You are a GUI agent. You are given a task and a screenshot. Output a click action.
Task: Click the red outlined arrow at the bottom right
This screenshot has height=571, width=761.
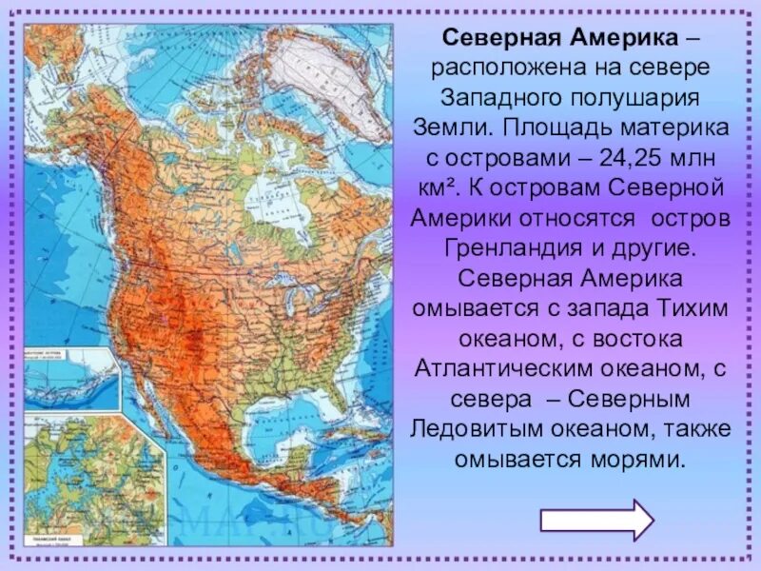click(x=596, y=520)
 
